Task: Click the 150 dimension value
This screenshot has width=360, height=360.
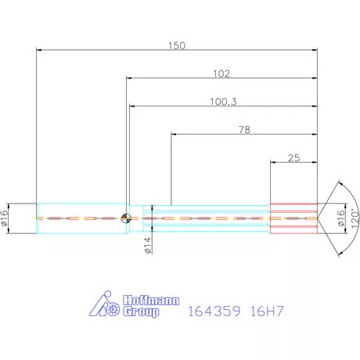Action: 177,45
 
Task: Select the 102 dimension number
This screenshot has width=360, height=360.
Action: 221,74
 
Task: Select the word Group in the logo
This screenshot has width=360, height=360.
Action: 142,312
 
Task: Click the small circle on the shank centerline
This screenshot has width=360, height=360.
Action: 126,218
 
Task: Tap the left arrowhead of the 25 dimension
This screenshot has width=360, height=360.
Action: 272,163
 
